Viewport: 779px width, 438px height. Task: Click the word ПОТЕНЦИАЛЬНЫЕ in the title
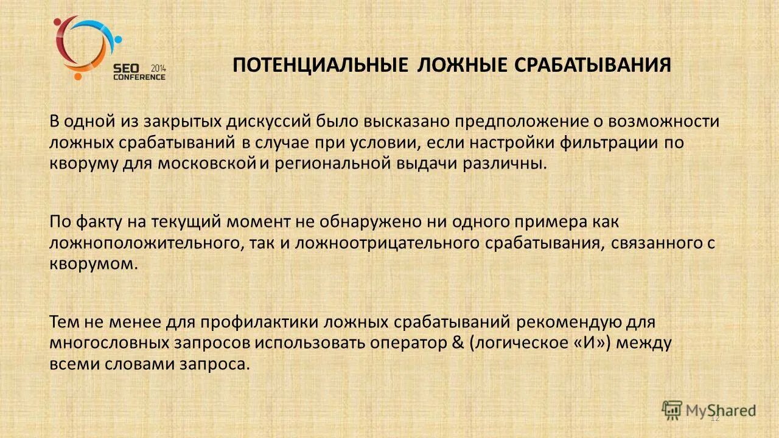point(320,65)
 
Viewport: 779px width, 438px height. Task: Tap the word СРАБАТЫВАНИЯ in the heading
point(593,65)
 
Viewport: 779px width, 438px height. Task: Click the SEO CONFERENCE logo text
point(138,72)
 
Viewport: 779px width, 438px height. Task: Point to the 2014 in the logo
point(158,68)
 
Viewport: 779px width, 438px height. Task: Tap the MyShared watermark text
point(721,410)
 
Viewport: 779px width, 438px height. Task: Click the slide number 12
point(715,418)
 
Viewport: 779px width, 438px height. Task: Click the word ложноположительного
point(148,243)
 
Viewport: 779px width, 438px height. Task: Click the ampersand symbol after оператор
point(458,342)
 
